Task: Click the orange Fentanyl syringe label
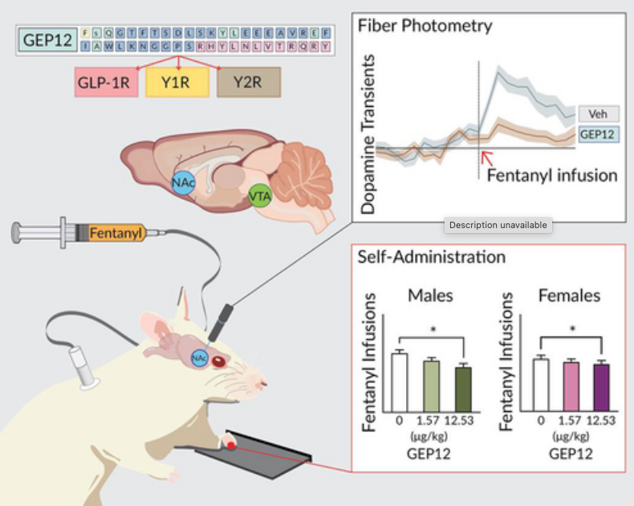117,234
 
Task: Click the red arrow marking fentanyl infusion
485,156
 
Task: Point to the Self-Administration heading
433,258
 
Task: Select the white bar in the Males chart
399,382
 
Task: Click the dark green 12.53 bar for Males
463,389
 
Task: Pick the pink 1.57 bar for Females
571,386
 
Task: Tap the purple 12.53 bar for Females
602,387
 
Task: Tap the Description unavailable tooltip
498,226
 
